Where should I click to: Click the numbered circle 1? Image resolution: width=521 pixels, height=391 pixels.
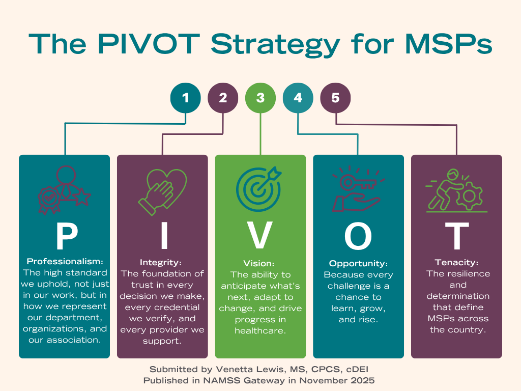[x=185, y=98]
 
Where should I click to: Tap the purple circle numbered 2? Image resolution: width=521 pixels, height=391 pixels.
[x=223, y=98]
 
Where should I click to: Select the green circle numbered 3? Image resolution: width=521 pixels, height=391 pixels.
[x=260, y=98]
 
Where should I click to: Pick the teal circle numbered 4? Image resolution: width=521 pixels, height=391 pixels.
[x=298, y=98]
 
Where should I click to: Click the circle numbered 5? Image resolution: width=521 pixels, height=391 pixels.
[x=335, y=98]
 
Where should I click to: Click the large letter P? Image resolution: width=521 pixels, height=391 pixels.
[x=67, y=236]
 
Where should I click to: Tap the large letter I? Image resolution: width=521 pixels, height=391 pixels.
[x=164, y=236]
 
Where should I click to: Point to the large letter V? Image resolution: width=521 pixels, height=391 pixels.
[x=260, y=236]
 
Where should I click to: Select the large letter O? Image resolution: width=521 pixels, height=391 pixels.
[x=358, y=236]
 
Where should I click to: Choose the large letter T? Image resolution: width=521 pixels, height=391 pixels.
[x=457, y=236]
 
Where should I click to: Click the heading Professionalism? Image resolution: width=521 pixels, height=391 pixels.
[x=65, y=261]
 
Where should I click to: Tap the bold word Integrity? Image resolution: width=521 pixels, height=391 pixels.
[x=161, y=263]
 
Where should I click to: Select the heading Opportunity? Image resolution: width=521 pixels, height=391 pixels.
[x=358, y=264]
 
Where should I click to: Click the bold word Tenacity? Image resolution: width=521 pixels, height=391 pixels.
[x=456, y=263]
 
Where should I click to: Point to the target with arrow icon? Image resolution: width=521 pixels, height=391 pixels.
[x=259, y=189]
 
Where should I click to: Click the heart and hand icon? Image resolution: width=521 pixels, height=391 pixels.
[x=162, y=192]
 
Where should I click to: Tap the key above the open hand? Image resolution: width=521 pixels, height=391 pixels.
[x=358, y=183]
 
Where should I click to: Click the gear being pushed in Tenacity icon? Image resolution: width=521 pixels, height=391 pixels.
[x=469, y=196]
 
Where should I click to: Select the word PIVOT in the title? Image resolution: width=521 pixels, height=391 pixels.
[x=149, y=44]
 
